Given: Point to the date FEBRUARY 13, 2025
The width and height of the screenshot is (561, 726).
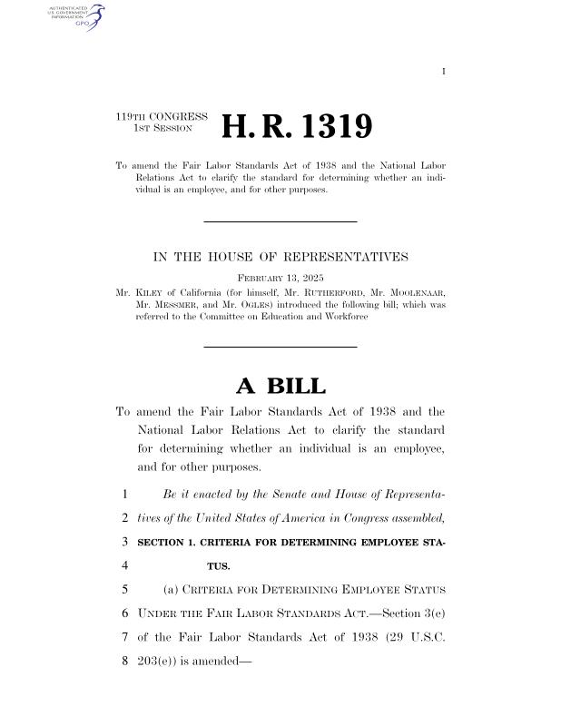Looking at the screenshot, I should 280,277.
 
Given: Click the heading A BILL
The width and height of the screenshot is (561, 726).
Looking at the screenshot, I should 280,386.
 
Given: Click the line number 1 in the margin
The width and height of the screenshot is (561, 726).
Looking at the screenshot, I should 121,495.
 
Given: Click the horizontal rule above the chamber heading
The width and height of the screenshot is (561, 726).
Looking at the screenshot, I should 280,221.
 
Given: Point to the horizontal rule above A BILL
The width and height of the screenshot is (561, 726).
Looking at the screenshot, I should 280,346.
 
